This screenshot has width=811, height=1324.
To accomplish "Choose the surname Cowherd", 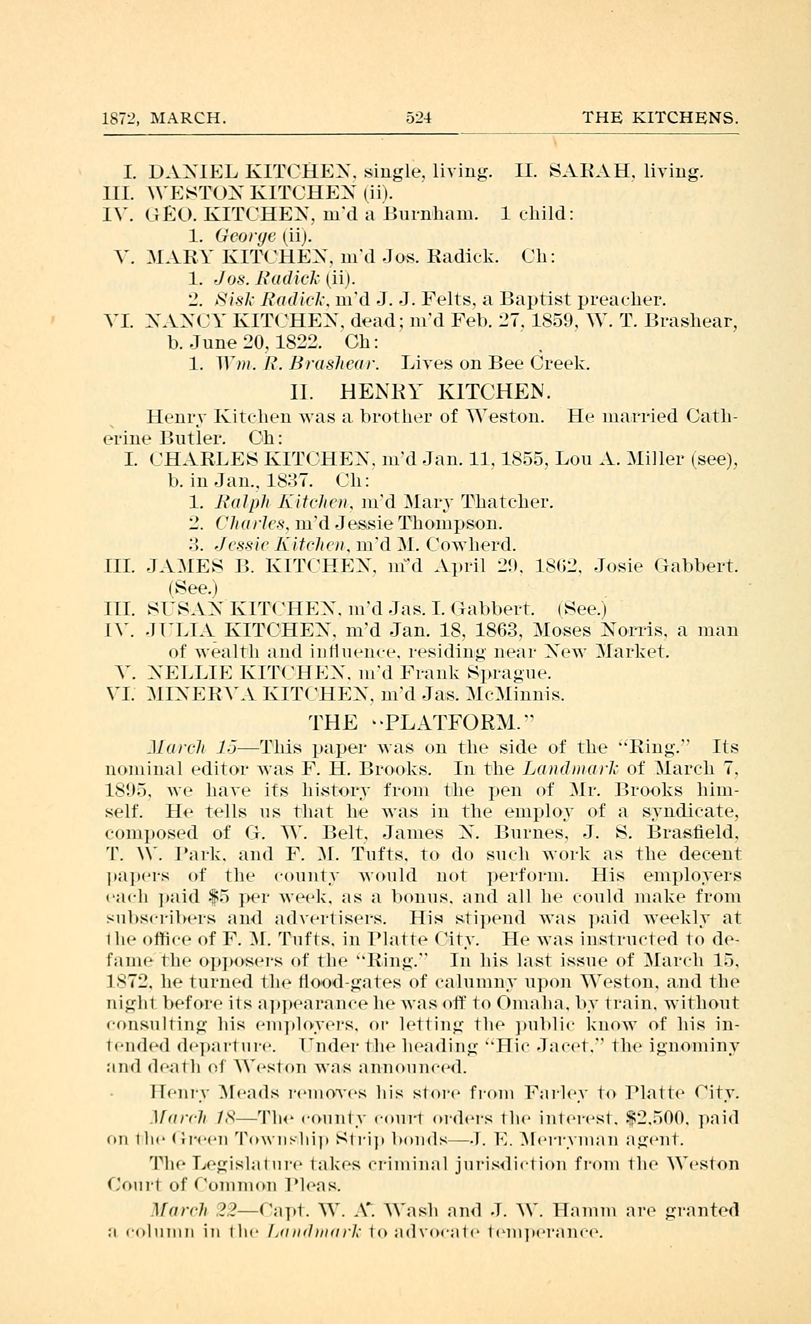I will tap(470, 545).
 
